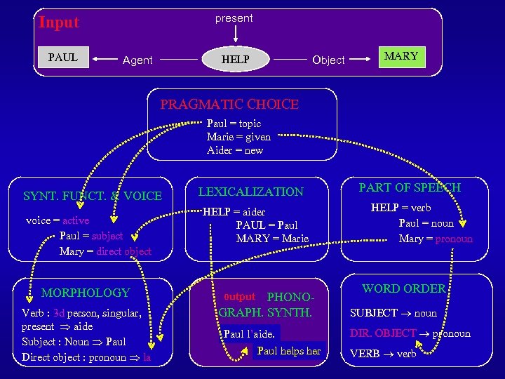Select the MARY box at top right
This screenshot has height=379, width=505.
[401, 56]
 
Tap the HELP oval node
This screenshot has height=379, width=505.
[235, 60]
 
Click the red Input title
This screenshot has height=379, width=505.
[59, 22]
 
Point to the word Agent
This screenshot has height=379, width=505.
[137, 60]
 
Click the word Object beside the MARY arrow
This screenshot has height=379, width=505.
[328, 60]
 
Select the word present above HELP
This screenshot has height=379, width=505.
[234, 18]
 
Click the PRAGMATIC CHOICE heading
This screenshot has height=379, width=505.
[229, 105]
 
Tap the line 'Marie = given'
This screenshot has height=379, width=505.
[238, 137]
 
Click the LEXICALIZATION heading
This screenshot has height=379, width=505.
[251, 192]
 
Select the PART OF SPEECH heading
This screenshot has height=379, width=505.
[410, 187]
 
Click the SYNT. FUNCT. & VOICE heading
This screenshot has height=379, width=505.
[93, 196]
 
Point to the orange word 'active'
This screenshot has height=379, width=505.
[76, 220]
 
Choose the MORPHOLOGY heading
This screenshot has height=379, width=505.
[86, 293]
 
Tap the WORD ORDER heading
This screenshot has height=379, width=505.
[403, 288]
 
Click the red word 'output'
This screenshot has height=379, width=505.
[239, 297]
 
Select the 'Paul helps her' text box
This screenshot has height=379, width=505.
[289, 351]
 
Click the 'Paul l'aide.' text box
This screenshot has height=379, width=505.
[249, 334]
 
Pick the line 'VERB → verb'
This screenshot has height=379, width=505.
[383, 354]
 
